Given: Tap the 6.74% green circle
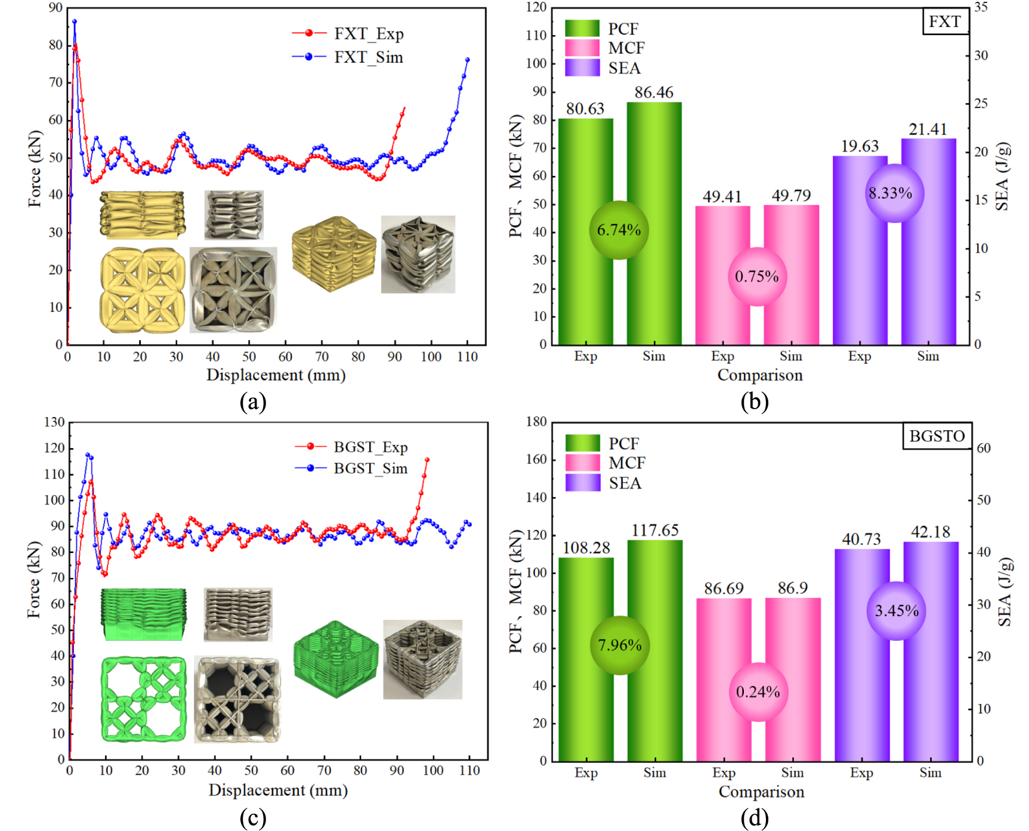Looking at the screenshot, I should (x=619, y=230).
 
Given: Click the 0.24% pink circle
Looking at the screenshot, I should (x=758, y=692).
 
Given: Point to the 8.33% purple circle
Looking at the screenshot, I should (x=890, y=193).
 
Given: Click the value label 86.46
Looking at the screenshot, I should (x=654, y=92).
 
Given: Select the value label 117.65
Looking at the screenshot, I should (x=655, y=530).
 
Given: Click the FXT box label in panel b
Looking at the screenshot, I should (x=945, y=21).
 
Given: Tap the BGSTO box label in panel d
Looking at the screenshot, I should (x=937, y=436).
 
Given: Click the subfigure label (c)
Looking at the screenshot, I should (x=253, y=817).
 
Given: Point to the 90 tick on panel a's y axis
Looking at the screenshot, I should (x=55, y=8).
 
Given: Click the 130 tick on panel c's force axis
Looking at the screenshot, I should (x=54, y=422).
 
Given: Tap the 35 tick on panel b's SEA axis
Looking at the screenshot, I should (x=981, y=7).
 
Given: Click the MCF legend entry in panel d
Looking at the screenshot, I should (x=626, y=463).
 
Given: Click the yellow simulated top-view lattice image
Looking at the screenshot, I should (x=143, y=291).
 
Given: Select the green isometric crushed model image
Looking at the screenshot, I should (x=336, y=659).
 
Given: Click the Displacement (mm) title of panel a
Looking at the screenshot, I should (x=276, y=375).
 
